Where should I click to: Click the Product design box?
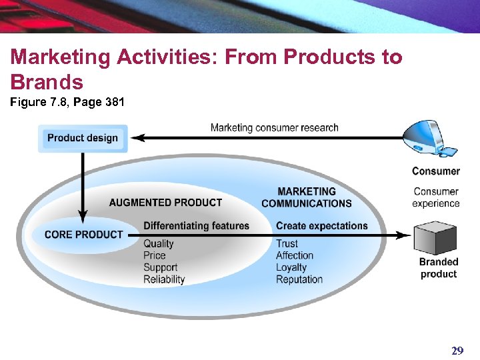pyautogui.click(x=83, y=138)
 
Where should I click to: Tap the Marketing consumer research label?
pyautogui.click(x=274, y=127)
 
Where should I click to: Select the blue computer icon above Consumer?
pyautogui.click(x=433, y=140)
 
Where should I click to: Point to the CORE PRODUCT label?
pyautogui.click(x=83, y=235)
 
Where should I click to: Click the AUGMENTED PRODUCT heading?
pyautogui.click(x=165, y=203)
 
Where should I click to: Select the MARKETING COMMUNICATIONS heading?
pyautogui.click(x=307, y=197)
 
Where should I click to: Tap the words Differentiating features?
pyautogui.click(x=196, y=226)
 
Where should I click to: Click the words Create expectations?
pyautogui.click(x=322, y=226)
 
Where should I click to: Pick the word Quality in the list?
pyautogui.click(x=158, y=243)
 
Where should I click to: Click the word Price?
pyautogui.click(x=154, y=255)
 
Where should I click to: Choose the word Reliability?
pyautogui.click(x=164, y=279)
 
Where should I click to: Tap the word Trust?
pyautogui.click(x=287, y=243)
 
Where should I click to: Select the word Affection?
pyautogui.click(x=295, y=255)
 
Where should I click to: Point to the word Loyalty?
pyautogui.click(x=291, y=267)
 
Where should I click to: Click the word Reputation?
pyautogui.click(x=299, y=279)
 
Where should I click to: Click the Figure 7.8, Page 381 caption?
pyautogui.click(x=67, y=103)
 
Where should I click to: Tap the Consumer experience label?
pyautogui.click(x=435, y=197)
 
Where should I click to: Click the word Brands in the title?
pyautogui.click(x=47, y=82)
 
